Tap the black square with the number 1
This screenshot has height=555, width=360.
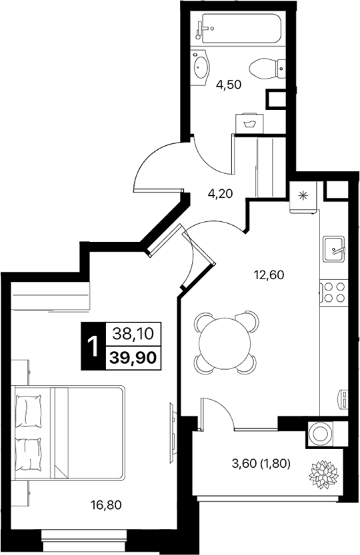pos(92,345)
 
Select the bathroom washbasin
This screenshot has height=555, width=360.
pos(201,67)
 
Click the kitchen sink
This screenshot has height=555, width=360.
pos(333,250)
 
